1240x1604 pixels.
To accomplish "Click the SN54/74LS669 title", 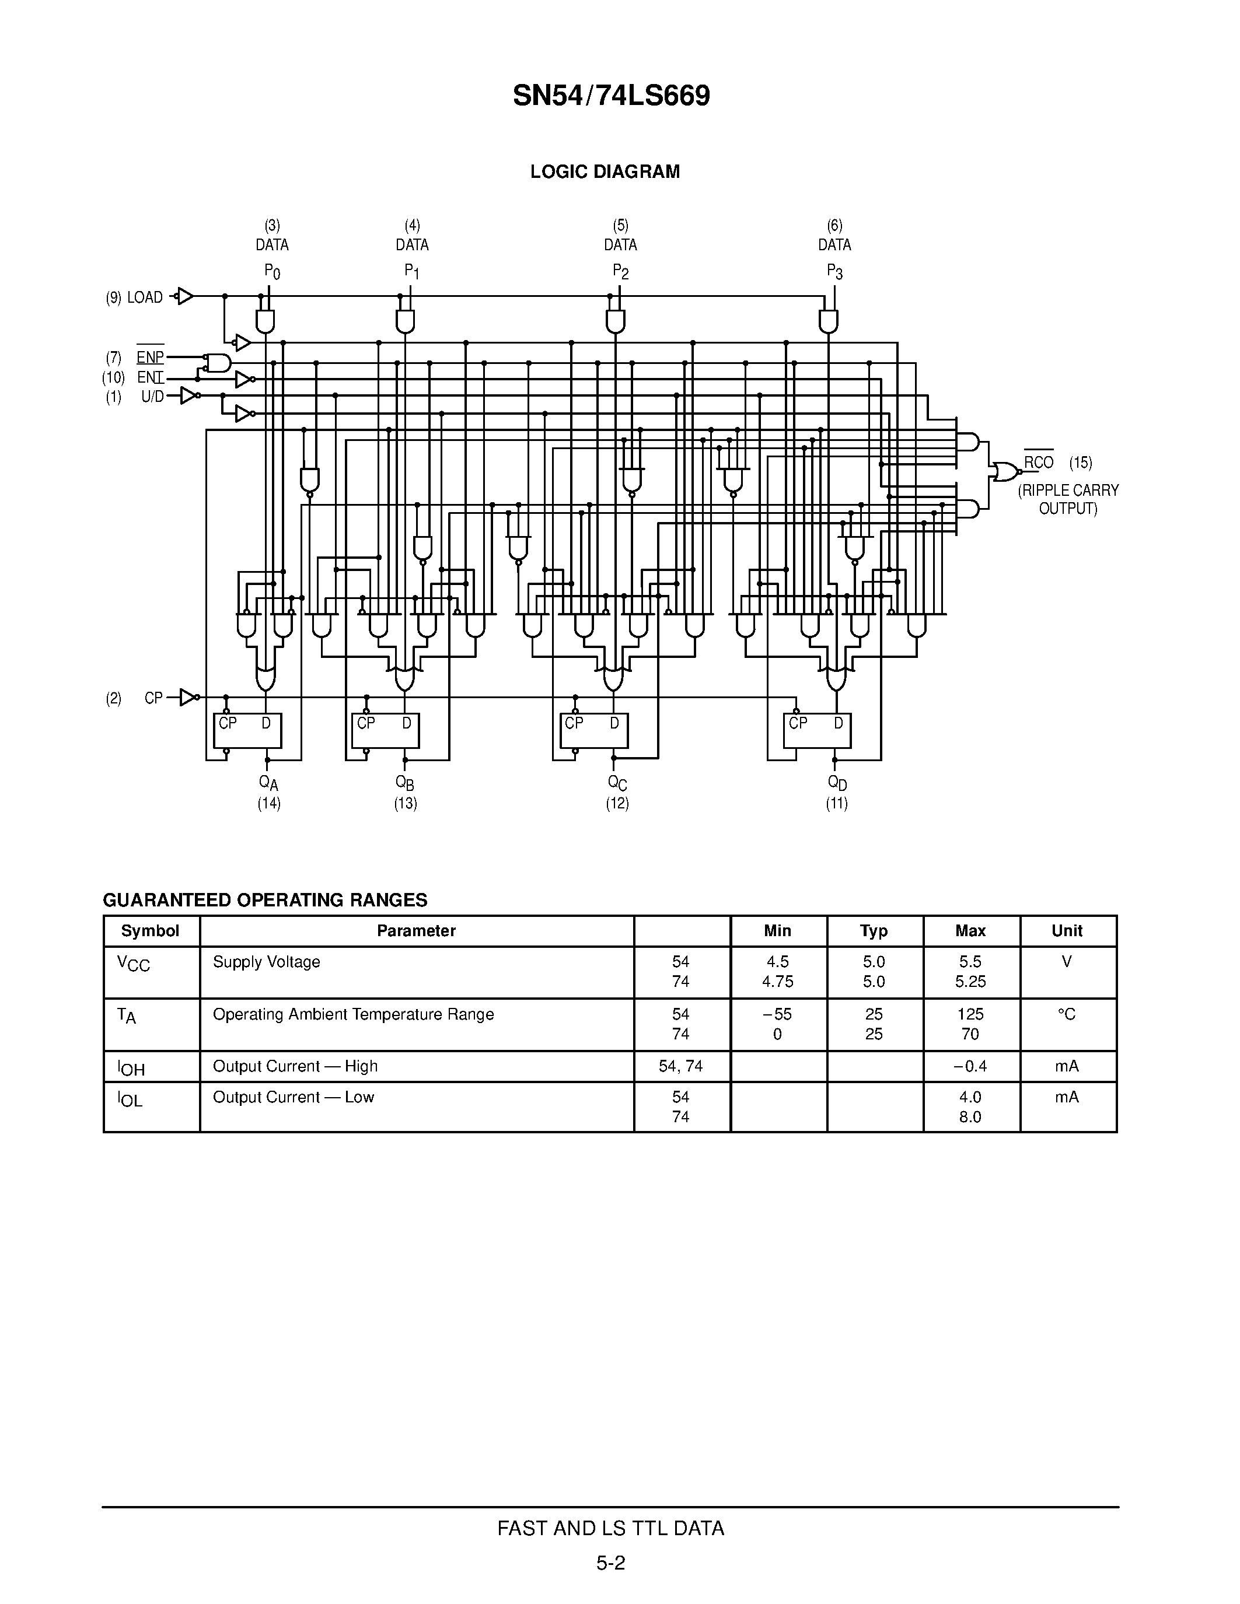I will tap(611, 96).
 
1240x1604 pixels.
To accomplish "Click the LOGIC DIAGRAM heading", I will tap(605, 172).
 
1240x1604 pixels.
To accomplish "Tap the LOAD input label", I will tap(145, 297).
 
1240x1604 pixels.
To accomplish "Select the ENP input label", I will tap(150, 358).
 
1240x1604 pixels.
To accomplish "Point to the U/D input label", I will tap(152, 397).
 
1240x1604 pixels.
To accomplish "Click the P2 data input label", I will tap(621, 272).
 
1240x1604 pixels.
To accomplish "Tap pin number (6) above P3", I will tap(834, 226).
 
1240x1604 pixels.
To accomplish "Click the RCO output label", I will tap(1039, 462).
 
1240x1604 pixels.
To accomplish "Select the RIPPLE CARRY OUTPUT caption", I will tap(1067, 499).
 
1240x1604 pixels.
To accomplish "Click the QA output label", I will tap(269, 783).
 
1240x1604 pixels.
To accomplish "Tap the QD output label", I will tap(837, 783).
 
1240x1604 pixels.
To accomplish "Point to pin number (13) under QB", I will tap(406, 804).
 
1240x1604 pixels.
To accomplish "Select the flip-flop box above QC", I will tap(593, 731).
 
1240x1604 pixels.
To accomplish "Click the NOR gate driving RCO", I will tap(1005, 471).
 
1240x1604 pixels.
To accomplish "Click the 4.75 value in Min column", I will tap(777, 981).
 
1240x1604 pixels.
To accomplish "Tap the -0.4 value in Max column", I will tap(970, 1066).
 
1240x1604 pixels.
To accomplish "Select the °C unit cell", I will tap(1067, 1014).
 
